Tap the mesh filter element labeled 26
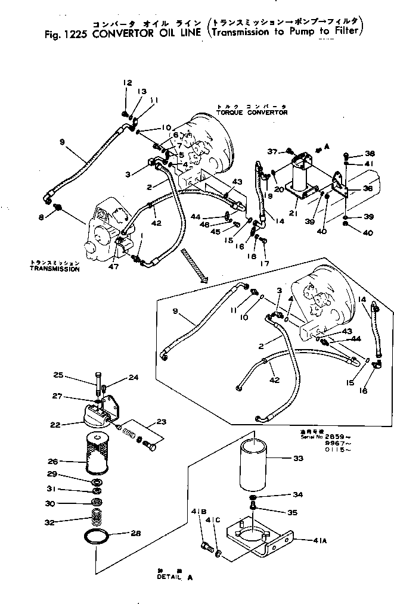pyautogui.click(x=92, y=454)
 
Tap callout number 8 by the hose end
pyautogui.click(x=41, y=218)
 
